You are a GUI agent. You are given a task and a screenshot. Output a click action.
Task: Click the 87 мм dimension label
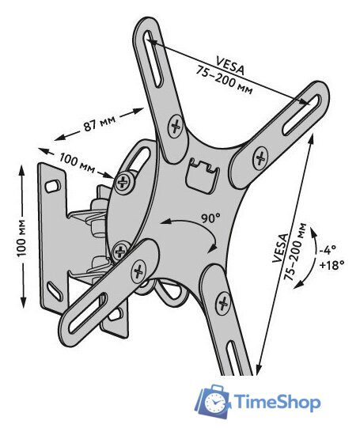click(100, 123)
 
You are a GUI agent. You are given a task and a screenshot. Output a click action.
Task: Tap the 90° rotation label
click(210, 218)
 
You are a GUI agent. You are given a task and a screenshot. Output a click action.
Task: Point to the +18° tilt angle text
click(331, 264)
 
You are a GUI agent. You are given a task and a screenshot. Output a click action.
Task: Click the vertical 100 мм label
click(22, 237)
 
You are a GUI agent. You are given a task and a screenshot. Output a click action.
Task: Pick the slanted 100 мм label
click(77, 163)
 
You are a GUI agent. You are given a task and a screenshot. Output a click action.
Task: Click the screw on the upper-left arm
click(176, 126)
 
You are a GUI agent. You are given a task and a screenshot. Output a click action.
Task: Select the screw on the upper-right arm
click(260, 157)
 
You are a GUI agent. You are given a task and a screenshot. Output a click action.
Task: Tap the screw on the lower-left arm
click(139, 271)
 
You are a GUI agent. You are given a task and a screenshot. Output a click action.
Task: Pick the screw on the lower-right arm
click(223, 303)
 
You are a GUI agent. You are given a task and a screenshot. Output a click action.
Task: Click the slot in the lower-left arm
click(87, 313)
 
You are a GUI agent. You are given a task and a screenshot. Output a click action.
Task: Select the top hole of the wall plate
click(53, 186)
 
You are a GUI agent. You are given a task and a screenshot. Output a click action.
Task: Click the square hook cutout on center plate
click(203, 176)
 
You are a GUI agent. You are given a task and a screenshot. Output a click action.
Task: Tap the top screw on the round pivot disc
click(125, 181)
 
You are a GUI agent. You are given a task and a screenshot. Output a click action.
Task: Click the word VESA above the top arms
click(230, 66)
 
